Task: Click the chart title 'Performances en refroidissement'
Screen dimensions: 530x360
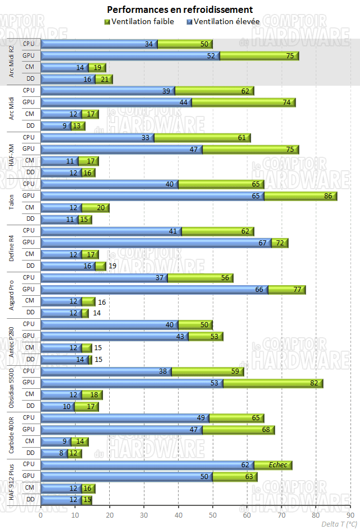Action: [x=180, y=10]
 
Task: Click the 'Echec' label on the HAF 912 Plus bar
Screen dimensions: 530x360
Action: [x=278, y=465]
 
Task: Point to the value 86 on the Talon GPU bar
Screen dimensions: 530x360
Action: [x=328, y=196]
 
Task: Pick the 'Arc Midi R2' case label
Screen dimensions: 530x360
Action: [x=11, y=62]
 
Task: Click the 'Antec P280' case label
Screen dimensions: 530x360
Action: [x=11, y=342]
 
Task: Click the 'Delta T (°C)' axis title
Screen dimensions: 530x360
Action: [x=339, y=524]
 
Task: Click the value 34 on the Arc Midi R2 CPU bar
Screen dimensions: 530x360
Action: [x=149, y=44]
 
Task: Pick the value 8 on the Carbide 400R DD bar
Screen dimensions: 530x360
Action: [x=61, y=453]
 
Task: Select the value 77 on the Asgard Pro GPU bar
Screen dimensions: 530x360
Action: [x=297, y=290]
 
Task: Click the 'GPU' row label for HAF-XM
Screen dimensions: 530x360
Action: [x=29, y=149]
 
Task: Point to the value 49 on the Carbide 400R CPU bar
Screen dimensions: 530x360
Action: [x=200, y=418]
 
